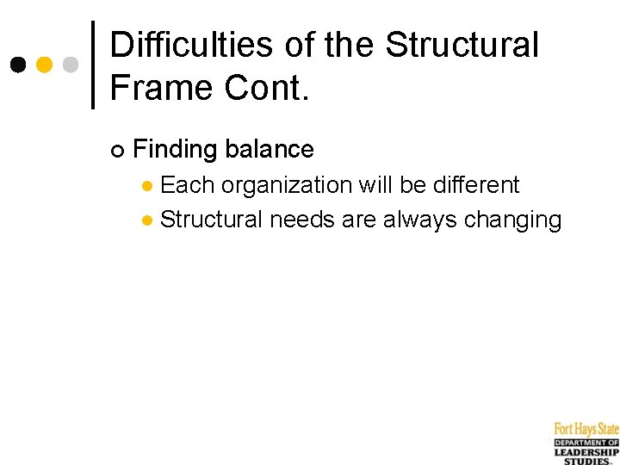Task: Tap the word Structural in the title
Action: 462,45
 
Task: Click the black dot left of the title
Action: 18,65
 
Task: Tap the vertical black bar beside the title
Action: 93,65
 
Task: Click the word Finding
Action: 175,150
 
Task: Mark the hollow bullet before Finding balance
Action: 117,152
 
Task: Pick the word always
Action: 420,220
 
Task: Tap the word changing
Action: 512,220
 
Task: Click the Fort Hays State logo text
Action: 586,429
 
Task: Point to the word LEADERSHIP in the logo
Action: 586,452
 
